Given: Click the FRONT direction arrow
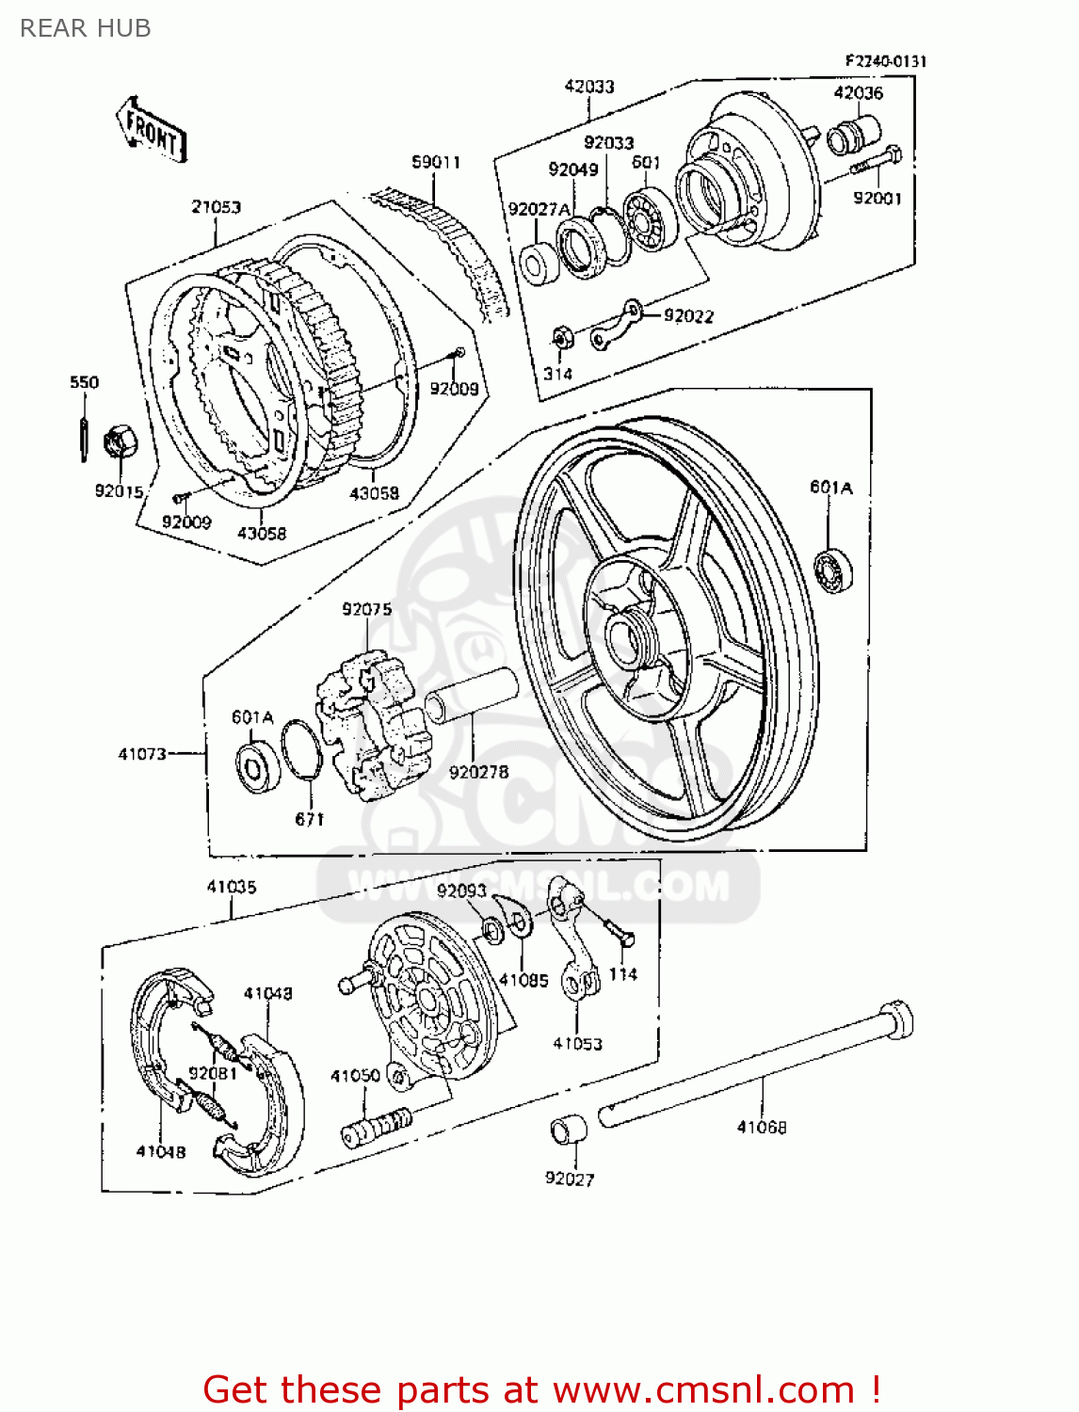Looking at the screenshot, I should click(151, 130).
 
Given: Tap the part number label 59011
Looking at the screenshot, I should click(436, 162).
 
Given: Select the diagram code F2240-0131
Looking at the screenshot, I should click(885, 61).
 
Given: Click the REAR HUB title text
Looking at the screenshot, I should click(86, 28).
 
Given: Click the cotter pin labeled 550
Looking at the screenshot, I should click(84, 428).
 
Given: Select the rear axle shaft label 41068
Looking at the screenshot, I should click(761, 1127).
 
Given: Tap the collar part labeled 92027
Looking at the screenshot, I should click(568, 1129).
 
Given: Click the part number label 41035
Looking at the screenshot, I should click(232, 887).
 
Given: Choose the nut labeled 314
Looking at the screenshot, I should click(559, 338).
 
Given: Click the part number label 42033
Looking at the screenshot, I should click(589, 87).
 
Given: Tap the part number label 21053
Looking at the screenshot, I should click(217, 207).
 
